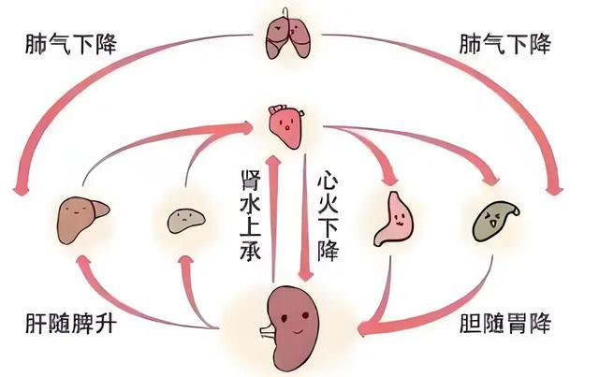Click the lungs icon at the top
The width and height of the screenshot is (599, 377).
tap(287, 35)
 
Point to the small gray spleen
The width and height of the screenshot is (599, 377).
tap(184, 220)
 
